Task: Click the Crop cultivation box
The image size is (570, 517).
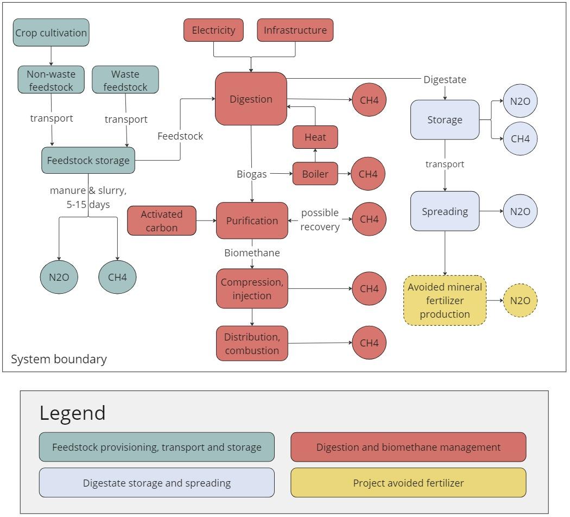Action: pyautogui.click(x=51, y=33)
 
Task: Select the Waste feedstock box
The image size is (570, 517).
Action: pyautogui.click(x=125, y=80)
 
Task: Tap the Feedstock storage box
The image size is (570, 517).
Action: pyautogui.click(x=88, y=160)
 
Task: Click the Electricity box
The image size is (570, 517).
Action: pyautogui.click(x=213, y=30)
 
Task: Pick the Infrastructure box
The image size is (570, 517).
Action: pyautogui.click(x=295, y=30)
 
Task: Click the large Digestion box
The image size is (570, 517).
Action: pyautogui.click(x=251, y=99)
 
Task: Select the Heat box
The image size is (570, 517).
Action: pyautogui.click(x=315, y=137)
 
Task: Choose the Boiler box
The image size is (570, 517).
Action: pyautogui.click(x=315, y=174)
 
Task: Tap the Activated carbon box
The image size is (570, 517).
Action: pyautogui.click(x=162, y=220)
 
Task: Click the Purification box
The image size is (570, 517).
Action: pyautogui.click(x=252, y=220)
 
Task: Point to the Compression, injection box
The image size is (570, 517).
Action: pyautogui.click(x=252, y=288)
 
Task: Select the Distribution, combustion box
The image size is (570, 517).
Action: pyautogui.click(x=252, y=343)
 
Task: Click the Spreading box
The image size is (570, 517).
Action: pyautogui.click(x=445, y=211)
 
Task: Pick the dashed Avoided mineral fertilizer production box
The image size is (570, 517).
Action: pyautogui.click(x=445, y=300)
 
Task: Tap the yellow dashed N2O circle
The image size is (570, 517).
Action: pyautogui.click(x=520, y=300)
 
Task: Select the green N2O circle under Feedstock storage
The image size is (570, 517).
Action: pyautogui.click(x=59, y=277)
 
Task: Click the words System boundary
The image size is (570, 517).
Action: pyautogui.click(x=59, y=359)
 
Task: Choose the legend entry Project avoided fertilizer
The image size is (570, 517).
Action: pyautogui.click(x=408, y=483)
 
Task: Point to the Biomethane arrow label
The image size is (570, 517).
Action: pyautogui.click(x=252, y=253)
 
